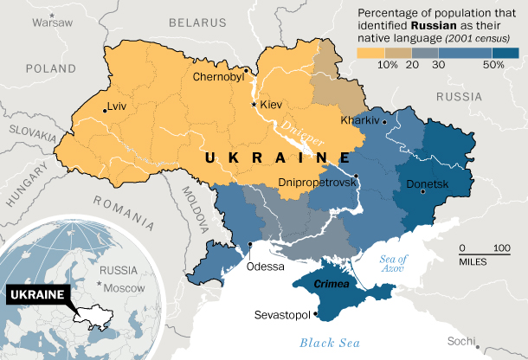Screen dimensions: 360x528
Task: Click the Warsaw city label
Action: tap(54, 23)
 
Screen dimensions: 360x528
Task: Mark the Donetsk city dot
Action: tap(423, 193)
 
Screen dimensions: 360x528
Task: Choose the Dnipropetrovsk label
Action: tap(317, 183)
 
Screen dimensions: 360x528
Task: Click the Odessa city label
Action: tap(265, 267)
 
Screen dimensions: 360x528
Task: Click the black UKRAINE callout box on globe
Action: tap(37, 295)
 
